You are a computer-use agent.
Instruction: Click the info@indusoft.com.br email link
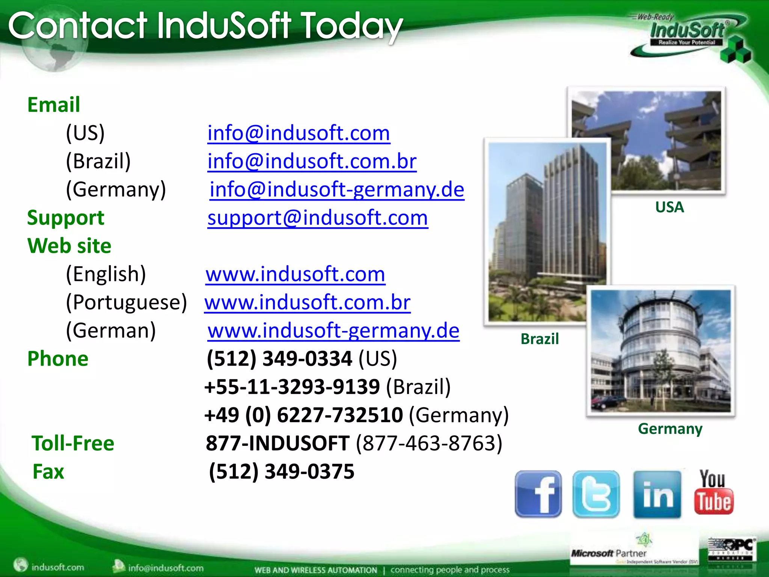[x=312, y=161]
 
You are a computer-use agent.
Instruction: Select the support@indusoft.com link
[x=318, y=218]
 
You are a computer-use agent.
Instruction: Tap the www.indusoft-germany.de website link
[x=333, y=331]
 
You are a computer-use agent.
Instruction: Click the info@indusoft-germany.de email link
[x=337, y=189]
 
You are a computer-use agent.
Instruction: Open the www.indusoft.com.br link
[x=308, y=302]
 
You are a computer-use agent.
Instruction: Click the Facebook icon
[x=538, y=494]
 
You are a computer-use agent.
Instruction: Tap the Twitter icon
[x=596, y=494]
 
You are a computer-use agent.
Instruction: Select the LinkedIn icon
[x=657, y=494]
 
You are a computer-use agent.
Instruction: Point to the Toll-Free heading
[x=73, y=443]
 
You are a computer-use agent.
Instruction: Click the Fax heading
[x=48, y=472]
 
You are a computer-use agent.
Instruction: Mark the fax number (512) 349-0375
[x=282, y=472]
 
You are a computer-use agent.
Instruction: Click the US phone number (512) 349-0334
[x=279, y=359]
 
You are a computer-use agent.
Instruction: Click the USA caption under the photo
[x=669, y=207]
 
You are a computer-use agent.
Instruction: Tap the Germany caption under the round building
[x=670, y=429]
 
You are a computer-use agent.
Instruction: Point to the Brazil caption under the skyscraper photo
[x=540, y=339]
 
